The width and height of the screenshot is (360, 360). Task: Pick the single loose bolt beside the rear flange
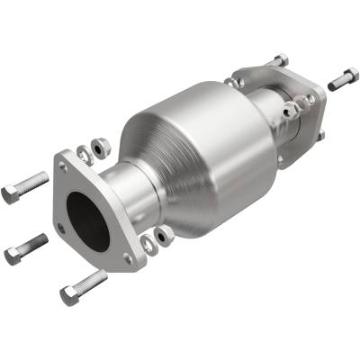coord(343,79)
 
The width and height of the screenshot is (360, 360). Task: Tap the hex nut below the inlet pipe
coord(166,236)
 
